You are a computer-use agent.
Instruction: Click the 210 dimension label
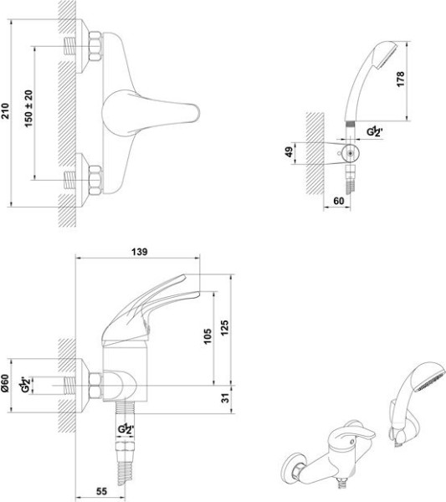pyautogui.click(x=6, y=110)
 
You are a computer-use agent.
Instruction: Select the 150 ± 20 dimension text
pyautogui.click(x=28, y=109)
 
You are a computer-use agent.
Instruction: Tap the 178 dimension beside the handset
pyautogui.click(x=400, y=79)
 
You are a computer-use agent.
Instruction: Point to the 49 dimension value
pyautogui.click(x=290, y=151)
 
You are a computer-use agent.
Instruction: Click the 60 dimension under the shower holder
pyautogui.click(x=339, y=201)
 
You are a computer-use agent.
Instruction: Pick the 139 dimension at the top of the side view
pyautogui.click(x=140, y=252)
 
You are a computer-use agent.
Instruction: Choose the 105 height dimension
pyautogui.click(x=208, y=336)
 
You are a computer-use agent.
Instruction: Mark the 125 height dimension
pyautogui.click(x=225, y=327)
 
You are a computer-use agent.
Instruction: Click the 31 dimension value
pyautogui.click(x=226, y=398)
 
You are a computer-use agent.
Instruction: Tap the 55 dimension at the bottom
pyautogui.click(x=101, y=491)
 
